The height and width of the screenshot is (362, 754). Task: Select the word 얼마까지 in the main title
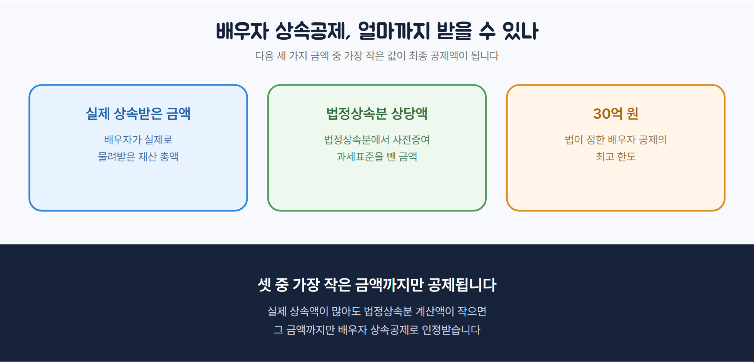[x=394, y=31]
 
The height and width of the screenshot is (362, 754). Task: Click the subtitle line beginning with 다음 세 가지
[x=377, y=56]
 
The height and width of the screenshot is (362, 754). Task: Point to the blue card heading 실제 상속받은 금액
[x=138, y=113]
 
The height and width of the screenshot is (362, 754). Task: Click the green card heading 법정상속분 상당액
[x=377, y=113]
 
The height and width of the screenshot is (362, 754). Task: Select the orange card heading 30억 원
[x=616, y=113]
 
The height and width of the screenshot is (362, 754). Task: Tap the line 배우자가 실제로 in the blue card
[x=138, y=139]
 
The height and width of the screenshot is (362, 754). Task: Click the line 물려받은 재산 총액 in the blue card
[x=138, y=156]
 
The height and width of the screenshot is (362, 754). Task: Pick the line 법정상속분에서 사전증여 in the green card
[x=377, y=139]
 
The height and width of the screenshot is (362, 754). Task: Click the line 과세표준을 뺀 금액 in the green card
[x=377, y=156]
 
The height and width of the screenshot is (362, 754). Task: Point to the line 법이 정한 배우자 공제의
[x=616, y=139]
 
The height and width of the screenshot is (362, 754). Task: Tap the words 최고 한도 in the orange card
[x=616, y=156]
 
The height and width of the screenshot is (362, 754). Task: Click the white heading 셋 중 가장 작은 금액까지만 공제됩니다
[x=377, y=285]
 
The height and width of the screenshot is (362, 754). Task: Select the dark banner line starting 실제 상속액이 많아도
[x=377, y=311]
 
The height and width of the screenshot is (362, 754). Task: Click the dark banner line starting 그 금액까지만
[x=377, y=330]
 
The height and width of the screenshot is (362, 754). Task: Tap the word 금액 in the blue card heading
[x=178, y=113]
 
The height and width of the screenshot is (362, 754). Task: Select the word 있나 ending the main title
[x=520, y=31]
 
